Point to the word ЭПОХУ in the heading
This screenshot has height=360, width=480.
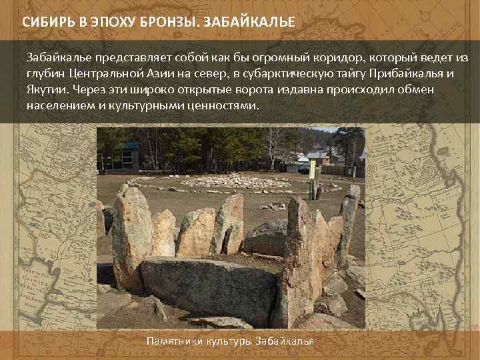click(112, 22)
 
